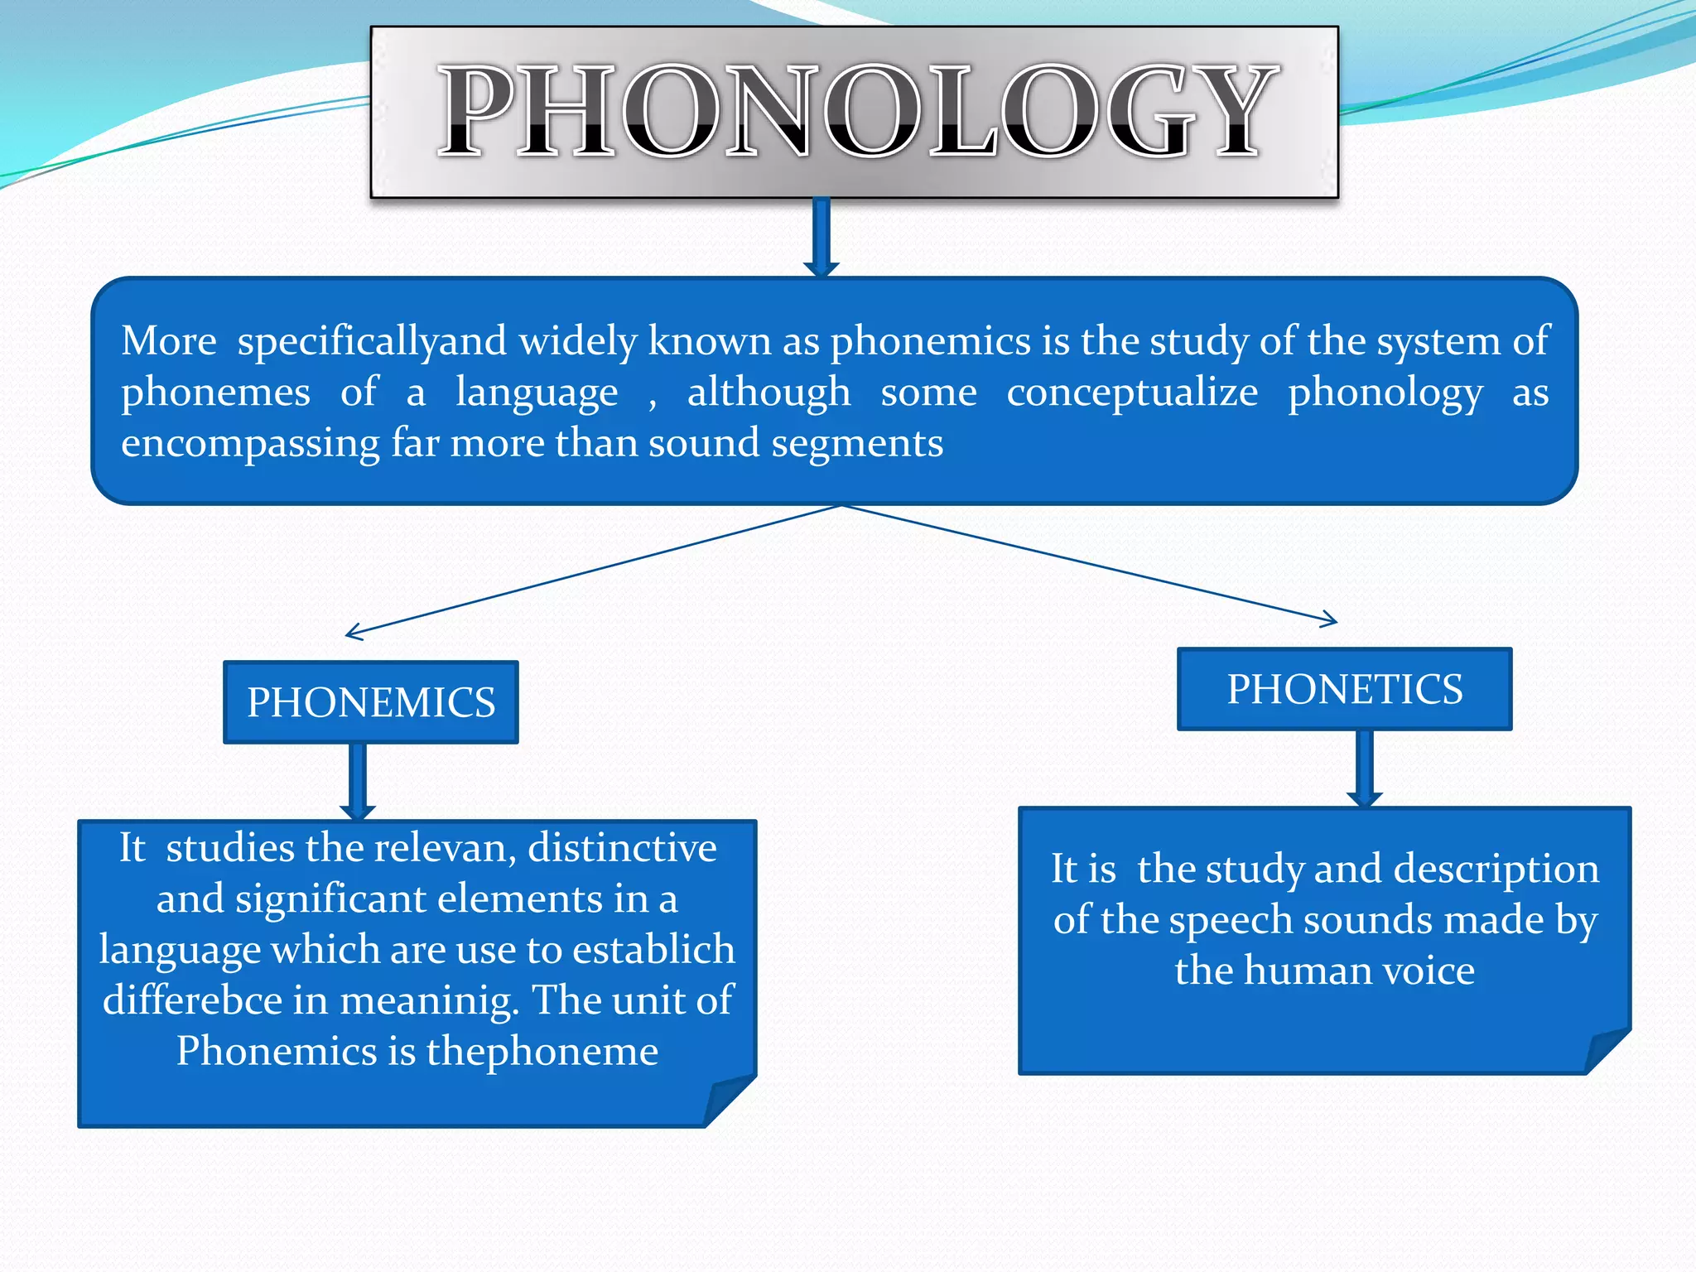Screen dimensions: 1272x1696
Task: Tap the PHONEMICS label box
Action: click(371, 702)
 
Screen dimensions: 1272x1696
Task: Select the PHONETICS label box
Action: click(1344, 689)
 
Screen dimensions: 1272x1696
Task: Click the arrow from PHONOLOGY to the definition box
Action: click(821, 237)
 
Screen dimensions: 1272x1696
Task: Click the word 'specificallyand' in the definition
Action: click(372, 341)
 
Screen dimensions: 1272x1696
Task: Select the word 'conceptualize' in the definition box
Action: click(1132, 393)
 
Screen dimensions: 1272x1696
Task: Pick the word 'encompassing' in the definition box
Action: click(250, 444)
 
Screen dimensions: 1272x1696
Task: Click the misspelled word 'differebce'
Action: click(192, 1000)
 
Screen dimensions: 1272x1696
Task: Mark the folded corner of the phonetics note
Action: click(1607, 1051)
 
